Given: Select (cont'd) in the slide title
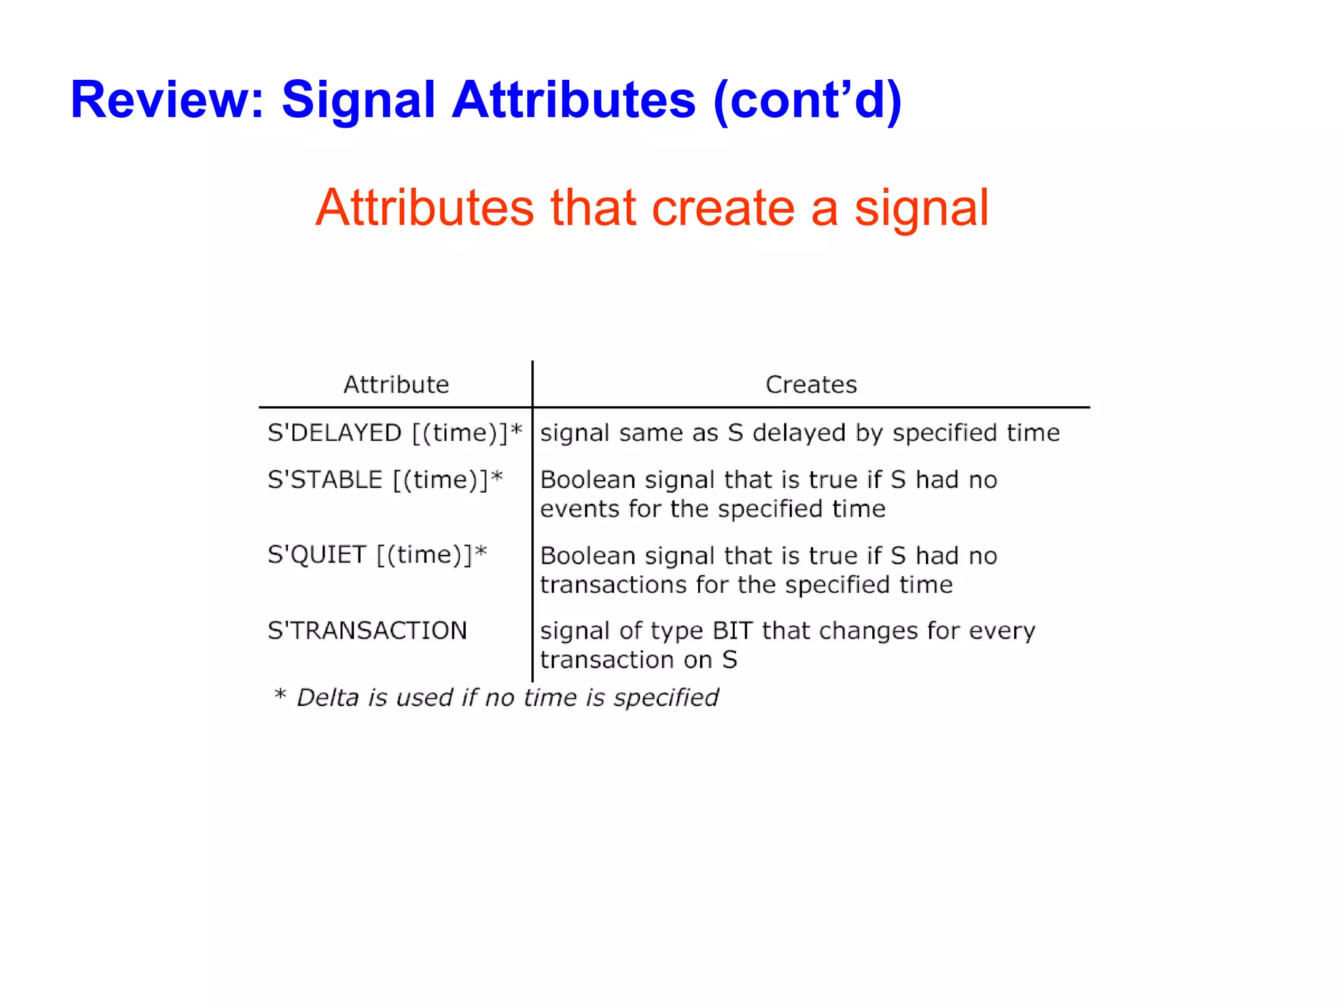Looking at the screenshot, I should (x=807, y=100).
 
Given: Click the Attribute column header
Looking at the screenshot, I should (x=396, y=385).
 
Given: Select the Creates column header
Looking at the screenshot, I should (x=811, y=385).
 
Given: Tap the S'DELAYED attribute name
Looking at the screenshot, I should (x=334, y=433).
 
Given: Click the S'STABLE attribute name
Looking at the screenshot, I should (x=325, y=480).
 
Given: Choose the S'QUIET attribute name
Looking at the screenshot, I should (x=317, y=555).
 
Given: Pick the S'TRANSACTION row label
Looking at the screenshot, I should (x=367, y=631).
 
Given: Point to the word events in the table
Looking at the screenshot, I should (x=580, y=509).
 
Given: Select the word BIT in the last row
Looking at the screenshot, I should (x=732, y=631).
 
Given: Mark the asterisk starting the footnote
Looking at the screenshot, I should (x=280, y=695).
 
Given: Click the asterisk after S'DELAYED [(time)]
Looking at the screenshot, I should (x=516, y=431).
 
